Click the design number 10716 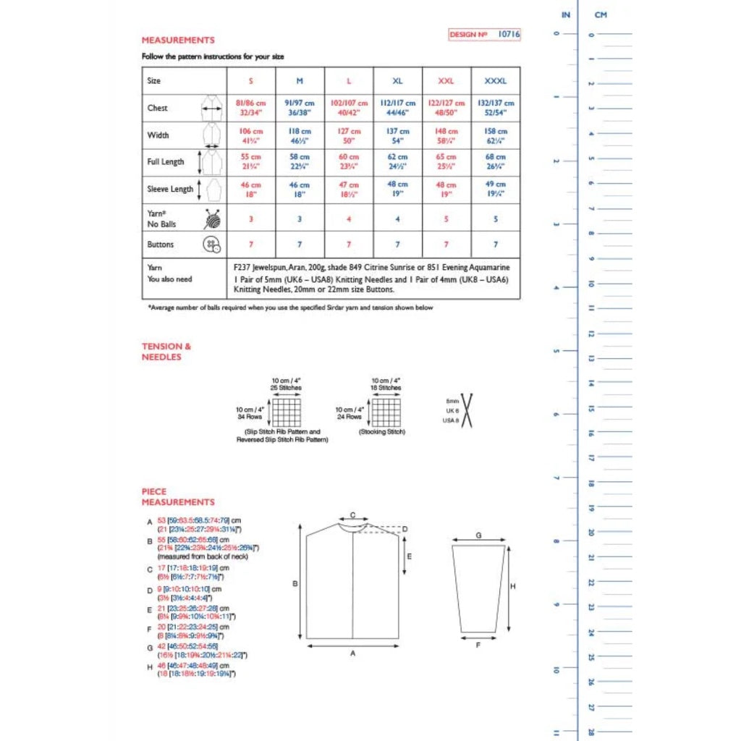[x=509, y=34]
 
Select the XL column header [x=397, y=81]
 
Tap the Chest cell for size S [x=251, y=108]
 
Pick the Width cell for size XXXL [x=496, y=135]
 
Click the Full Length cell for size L [x=349, y=161]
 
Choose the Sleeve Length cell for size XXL [x=446, y=188]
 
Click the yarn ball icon [x=212, y=219]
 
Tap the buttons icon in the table [x=211, y=245]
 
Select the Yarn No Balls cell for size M [x=300, y=218]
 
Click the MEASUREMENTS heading [x=178, y=41]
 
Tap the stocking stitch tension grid [x=386, y=412]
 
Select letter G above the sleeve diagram [x=478, y=535]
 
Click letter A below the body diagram [x=352, y=653]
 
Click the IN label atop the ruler [x=566, y=14]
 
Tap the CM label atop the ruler [x=600, y=14]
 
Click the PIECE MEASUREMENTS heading [x=178, y=496]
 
